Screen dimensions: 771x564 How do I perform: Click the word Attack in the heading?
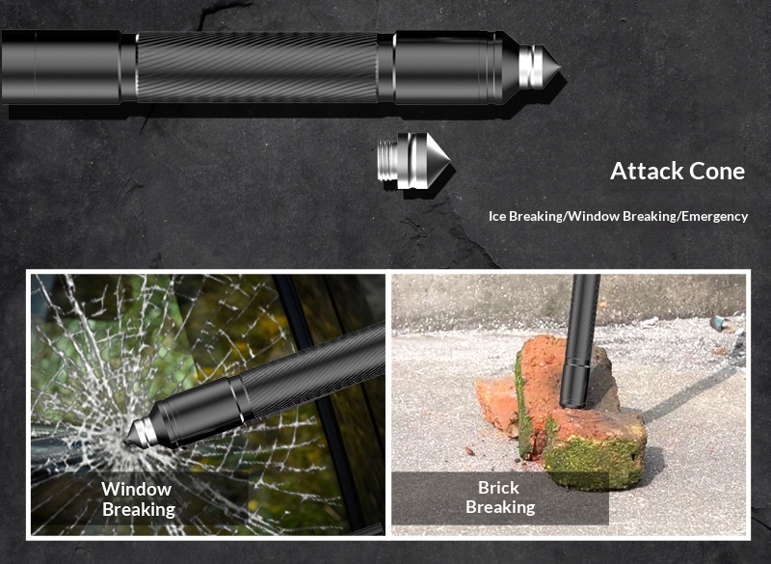click(647, 171)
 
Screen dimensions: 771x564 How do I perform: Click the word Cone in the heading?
click(717, 171)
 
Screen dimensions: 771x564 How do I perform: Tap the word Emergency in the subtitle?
click(714, 216)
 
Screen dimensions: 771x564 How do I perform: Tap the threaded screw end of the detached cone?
click(387, 161)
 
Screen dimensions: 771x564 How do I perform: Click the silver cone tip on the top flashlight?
click(540, 67)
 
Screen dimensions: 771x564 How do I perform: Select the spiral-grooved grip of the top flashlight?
click(256, 67)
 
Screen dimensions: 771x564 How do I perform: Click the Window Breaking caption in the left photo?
click(138, 499)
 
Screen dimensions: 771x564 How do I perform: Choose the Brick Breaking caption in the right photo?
click(500, 497)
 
